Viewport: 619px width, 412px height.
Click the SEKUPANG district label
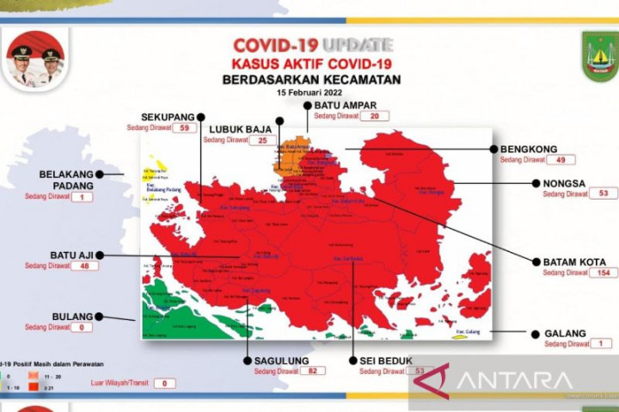pyautogui.click(x=167, y=116)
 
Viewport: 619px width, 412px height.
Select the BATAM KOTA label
pyautogui.click(x=573, y=261)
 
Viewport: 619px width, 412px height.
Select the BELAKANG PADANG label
pyautogui.click(x=66, y=179)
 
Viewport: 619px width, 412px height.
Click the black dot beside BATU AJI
pyautogui.click(x=100, y=255)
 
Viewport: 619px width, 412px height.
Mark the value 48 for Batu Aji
pyautogui.click(x=85, y=266)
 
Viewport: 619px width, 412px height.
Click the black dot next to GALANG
pyautogui.click(x=524, y=332)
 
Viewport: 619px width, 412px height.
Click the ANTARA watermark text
pyautogui.click(x=515, y=379)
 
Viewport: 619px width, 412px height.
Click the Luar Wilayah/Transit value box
pyautogui.click(x=163, y=384)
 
